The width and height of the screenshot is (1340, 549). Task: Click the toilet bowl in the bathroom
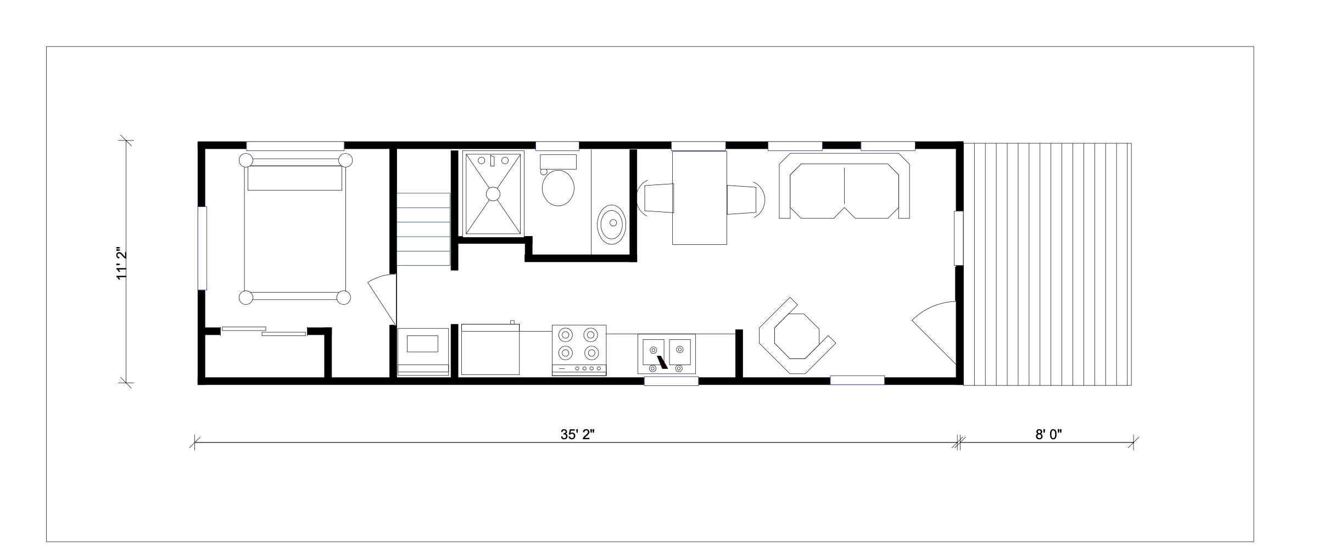558,188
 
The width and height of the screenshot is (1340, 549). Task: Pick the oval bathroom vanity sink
611,224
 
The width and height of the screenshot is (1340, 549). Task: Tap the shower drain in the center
493,193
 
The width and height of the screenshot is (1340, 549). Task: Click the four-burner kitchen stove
579,350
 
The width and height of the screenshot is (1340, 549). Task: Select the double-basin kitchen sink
667,354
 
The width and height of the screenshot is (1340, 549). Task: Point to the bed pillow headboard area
295,178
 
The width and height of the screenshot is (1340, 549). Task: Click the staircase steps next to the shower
423,229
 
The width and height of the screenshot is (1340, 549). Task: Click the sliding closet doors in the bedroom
264,331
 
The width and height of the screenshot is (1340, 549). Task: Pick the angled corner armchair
796,337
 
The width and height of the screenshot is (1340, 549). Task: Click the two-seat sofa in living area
844,186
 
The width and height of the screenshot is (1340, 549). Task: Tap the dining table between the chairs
700,198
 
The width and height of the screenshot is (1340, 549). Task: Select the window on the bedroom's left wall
202,248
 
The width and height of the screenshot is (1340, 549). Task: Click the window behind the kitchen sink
671,381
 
